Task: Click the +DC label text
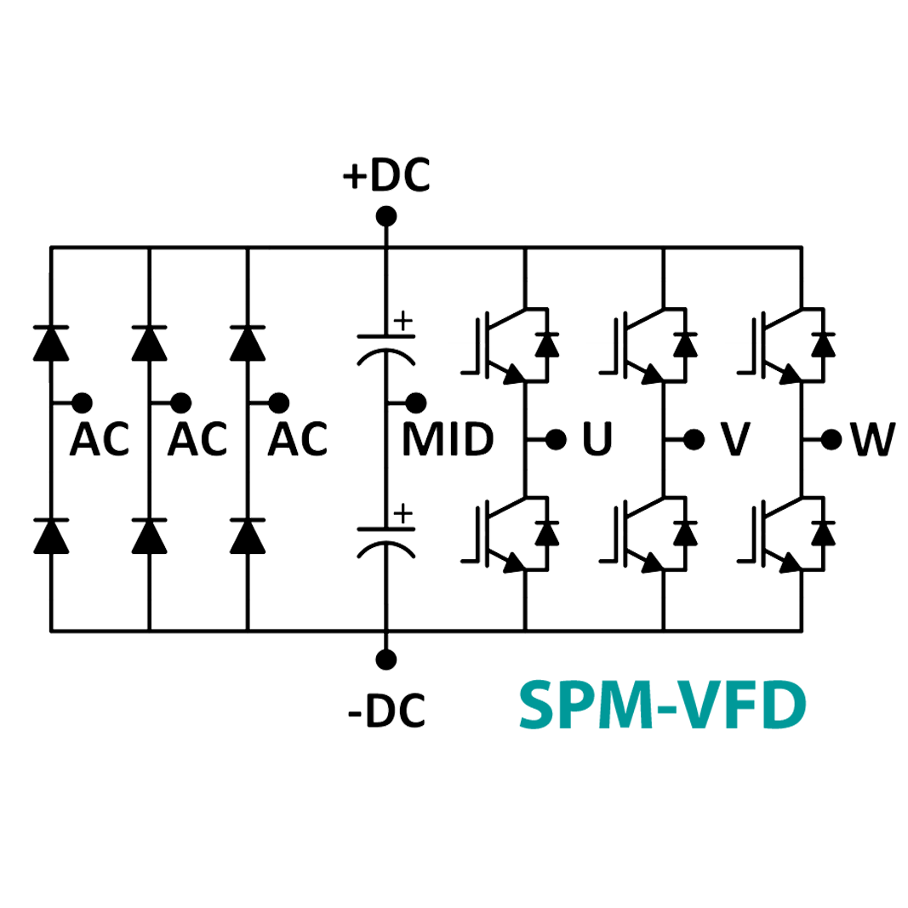(386, 176)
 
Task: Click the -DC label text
(386, 711)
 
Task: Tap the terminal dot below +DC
(386, 216)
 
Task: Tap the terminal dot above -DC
(386, 659)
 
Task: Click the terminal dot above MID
(415, 402)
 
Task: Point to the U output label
(597, 440)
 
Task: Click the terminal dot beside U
(556, 439)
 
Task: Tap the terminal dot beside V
(694, 439)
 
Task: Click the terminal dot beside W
(832, 439)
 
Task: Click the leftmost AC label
(100, 440)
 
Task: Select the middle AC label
(197, 440)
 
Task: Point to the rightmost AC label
(297, 440)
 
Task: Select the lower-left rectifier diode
(50, 534)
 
